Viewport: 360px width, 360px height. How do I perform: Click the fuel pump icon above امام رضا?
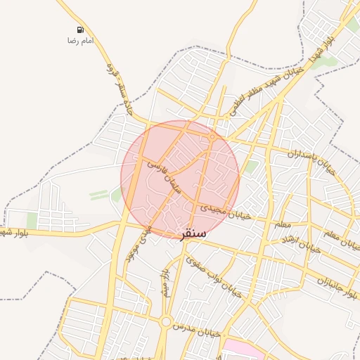tap(80, 30)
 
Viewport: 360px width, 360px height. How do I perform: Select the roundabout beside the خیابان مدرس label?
tap(166, 323)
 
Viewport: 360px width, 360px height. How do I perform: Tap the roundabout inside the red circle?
tap(212, 137)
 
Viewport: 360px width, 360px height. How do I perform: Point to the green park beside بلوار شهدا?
tap(325, 63)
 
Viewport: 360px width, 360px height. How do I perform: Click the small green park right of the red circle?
tap(250, 167)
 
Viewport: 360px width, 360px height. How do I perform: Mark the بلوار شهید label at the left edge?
tap(14, 233)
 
